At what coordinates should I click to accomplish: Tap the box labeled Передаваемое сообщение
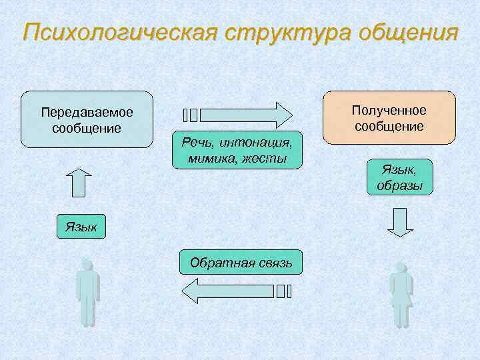coord(87,119)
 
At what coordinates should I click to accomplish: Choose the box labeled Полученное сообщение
coord(389,117)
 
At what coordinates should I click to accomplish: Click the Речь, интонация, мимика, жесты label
coord(237,149)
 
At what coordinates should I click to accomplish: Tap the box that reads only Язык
coord(81,227)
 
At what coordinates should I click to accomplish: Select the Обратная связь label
coord(241,262)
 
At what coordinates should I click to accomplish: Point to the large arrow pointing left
coord(227,291)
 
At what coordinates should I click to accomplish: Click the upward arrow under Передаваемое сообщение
coord(78,181)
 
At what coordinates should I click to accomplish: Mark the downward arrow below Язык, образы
coord(400,222)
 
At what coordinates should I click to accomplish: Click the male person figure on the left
coord(87,293)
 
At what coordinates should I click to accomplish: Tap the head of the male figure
coord(87,265)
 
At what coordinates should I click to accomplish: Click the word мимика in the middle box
coord(204,158)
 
